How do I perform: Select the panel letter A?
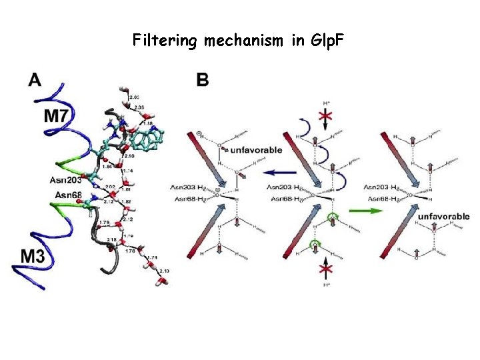tap(35, 81)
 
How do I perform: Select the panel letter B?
tap(203, 81)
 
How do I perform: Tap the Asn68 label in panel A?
tap(69, 195)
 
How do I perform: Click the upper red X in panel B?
tap(325, 117)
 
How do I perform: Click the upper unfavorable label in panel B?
tap(257, 151)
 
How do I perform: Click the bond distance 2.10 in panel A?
tap(129, 156)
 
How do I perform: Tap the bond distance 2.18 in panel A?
tap(111, 239)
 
